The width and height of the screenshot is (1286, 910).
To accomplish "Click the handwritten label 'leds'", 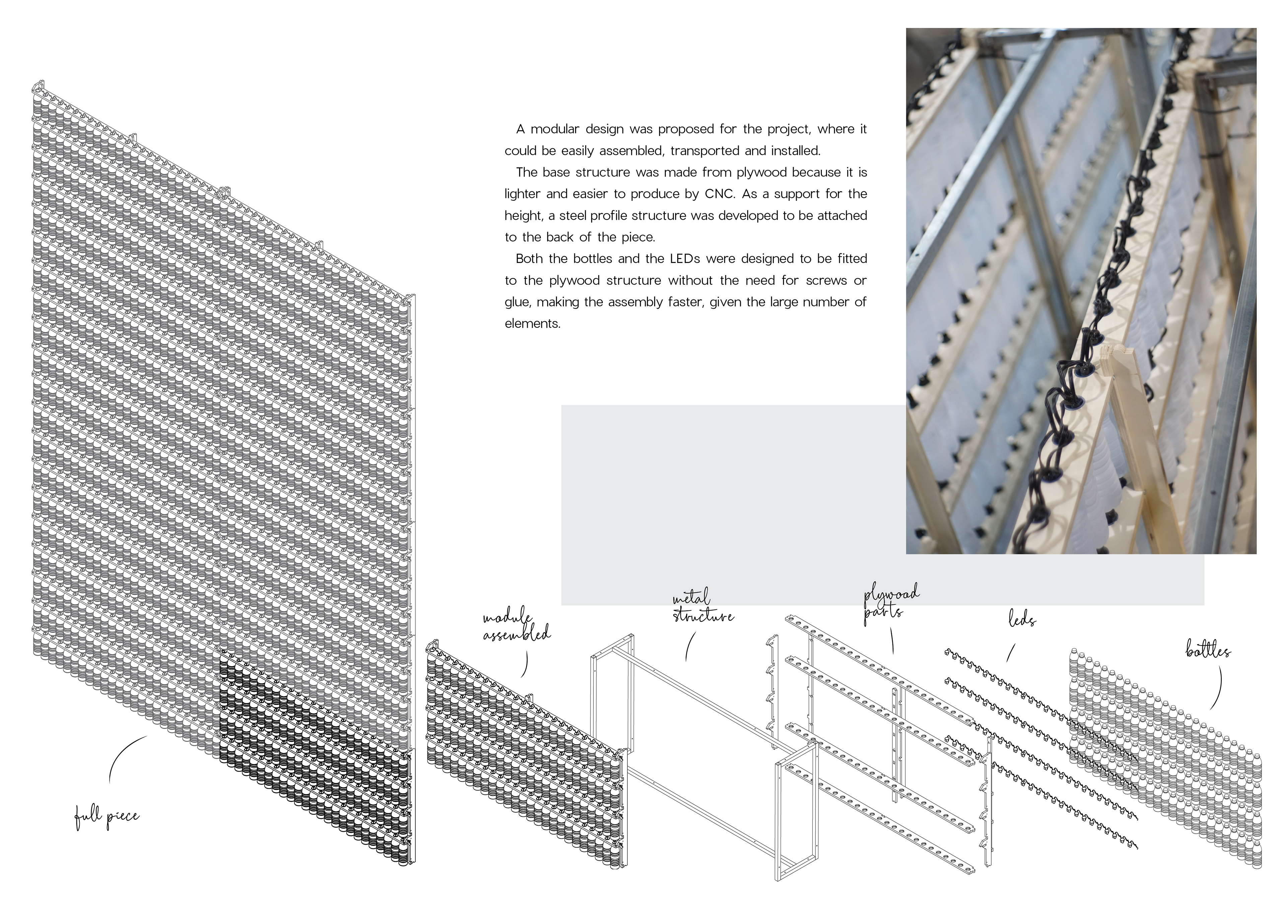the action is [x=1022, y=620].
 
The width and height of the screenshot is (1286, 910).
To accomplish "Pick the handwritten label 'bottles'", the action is [x=1208, y=651].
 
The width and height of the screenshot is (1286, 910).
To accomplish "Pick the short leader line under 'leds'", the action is [x=1010, y=653].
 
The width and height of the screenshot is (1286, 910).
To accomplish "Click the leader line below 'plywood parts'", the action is [x=892, y=641].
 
